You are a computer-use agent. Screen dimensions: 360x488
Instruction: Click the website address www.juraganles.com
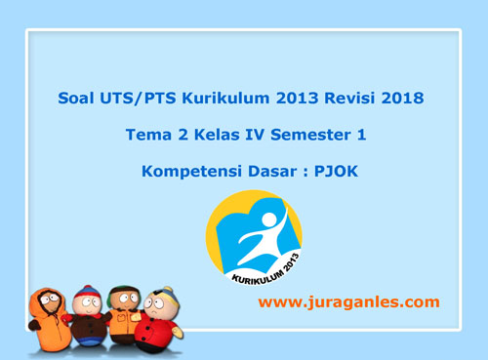pyautogui.click(x=348, y=302)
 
